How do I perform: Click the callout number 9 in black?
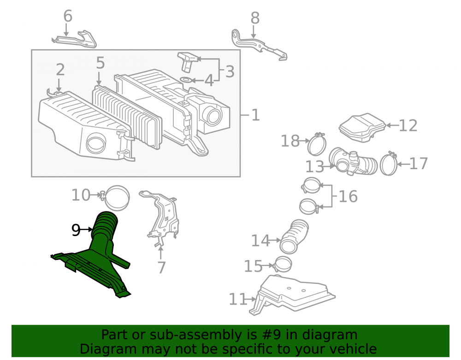[x=76, y=230]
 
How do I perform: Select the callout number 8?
[x=255, y=18]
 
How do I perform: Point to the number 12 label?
[x=408, y=125]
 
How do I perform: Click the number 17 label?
[x=419, y=163]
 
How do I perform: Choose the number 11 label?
[x=238, y=300]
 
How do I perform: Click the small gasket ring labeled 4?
[x=185, y=80]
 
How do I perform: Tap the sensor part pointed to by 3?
[x=187, y=62]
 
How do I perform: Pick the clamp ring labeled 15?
[x=283, y=264]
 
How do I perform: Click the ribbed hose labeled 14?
[x=294, y=236]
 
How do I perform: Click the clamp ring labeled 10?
[x=116, y=197]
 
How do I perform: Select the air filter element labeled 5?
[x=127, y=116]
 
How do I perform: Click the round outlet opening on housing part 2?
[x=96, y=144]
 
